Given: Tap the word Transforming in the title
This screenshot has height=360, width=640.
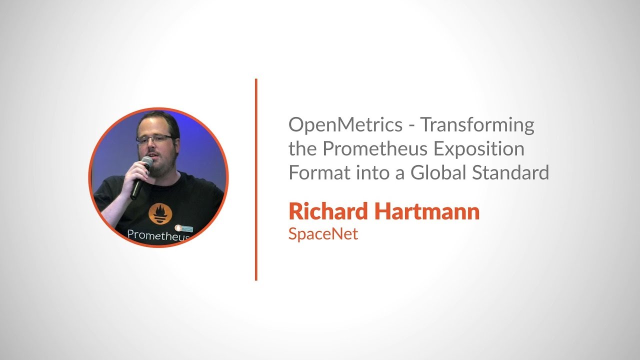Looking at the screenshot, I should (477, 125).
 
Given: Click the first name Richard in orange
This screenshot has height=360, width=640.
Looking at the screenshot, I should (327, 212).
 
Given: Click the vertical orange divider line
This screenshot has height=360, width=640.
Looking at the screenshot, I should (256, 180).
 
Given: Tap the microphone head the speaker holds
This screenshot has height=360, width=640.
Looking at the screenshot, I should (146, 162).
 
